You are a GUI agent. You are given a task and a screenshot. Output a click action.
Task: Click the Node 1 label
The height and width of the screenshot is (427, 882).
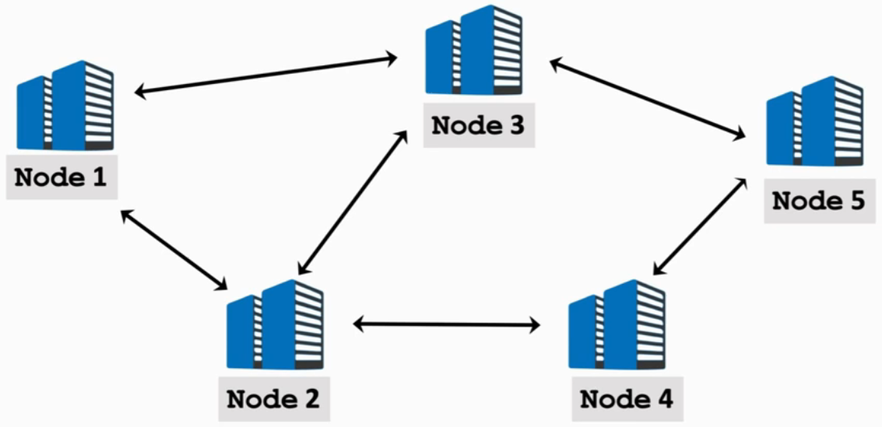point(61,177)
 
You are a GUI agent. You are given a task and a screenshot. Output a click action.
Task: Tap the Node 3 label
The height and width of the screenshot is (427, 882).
point(478,124)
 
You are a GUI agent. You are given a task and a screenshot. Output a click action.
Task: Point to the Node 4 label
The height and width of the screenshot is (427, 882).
point(627,399)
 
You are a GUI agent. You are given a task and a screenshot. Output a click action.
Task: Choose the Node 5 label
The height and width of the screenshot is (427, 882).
point(818,201)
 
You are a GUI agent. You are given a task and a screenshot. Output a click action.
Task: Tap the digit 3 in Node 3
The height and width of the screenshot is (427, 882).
point(515,124)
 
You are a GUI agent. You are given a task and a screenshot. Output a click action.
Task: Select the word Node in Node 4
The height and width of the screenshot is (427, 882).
point(610,399)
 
